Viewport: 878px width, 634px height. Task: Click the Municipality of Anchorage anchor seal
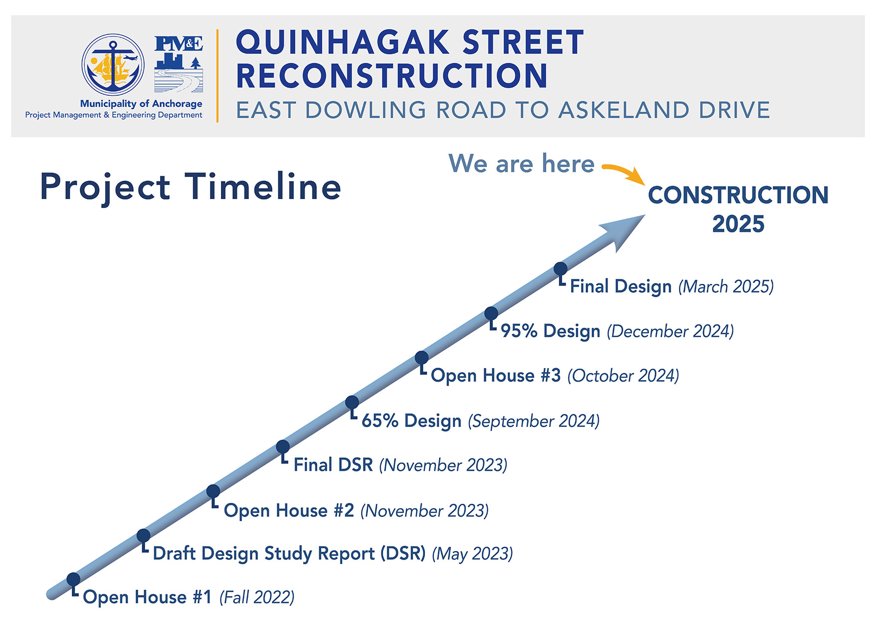113,65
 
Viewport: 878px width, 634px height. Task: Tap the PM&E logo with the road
179,64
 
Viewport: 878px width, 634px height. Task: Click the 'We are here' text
521,164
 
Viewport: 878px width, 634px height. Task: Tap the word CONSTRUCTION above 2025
738,195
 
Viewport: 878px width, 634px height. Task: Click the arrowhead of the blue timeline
626,230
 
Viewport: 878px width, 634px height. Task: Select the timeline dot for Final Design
561,268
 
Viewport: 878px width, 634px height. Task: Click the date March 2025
726,287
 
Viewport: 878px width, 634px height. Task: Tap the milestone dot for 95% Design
491,313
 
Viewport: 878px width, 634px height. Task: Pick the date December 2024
670,332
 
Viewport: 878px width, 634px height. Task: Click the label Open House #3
496,376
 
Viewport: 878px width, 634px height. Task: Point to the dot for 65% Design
352,402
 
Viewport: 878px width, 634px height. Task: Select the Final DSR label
333,465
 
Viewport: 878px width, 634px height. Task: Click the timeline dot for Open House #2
213,491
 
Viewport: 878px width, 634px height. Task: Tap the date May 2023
472,554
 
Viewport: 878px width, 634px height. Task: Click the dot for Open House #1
73,579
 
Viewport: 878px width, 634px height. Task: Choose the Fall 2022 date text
257,597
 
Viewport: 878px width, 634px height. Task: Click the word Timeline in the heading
263,187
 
